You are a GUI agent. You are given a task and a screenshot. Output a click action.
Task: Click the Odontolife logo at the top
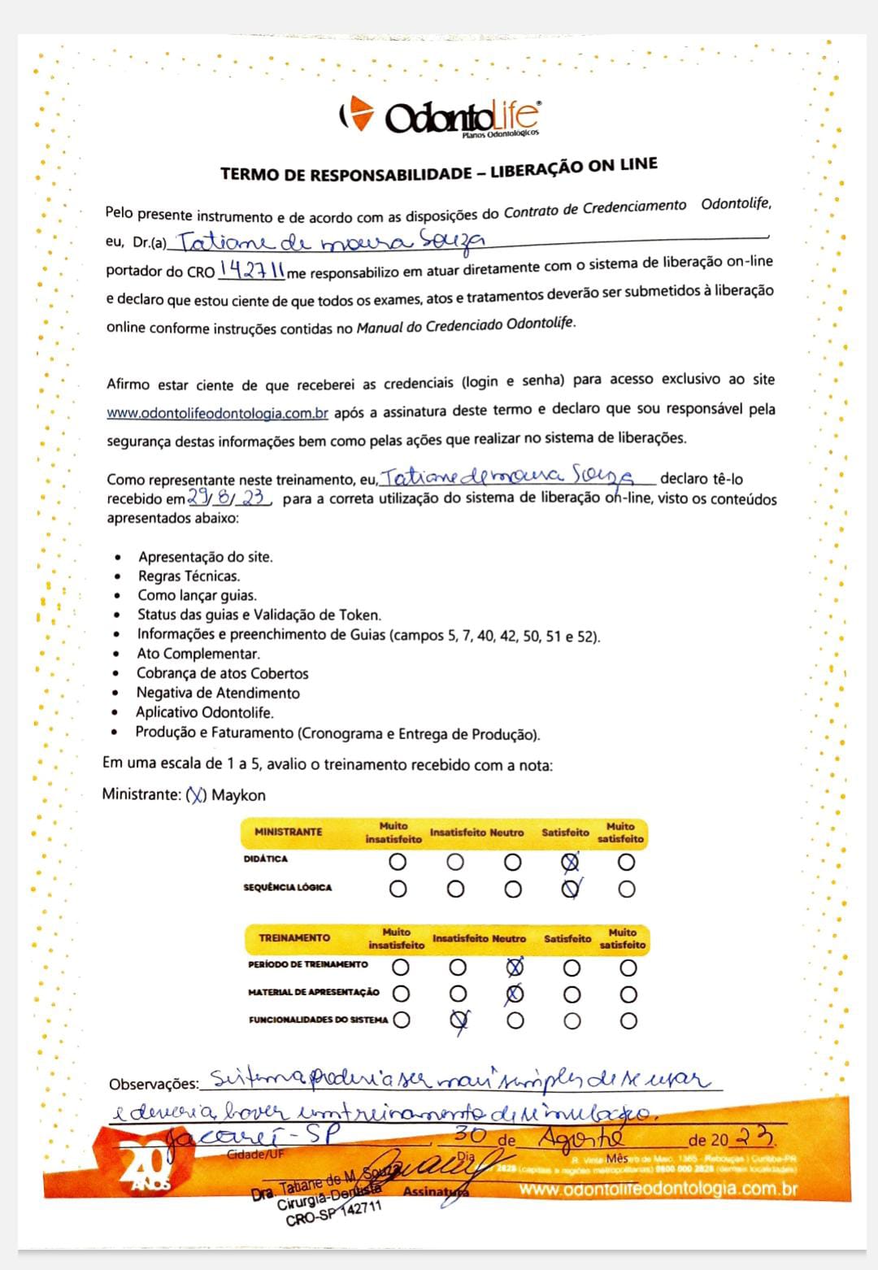[x=439, y=115]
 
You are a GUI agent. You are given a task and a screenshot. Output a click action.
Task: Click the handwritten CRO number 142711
[x=252, y=271]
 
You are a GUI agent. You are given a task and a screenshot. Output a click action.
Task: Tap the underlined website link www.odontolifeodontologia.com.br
[x=218, y=413]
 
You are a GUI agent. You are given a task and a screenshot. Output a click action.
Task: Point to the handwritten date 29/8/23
[x=228, y=498]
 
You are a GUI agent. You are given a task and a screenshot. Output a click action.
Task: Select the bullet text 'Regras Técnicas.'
[x=189, y=576]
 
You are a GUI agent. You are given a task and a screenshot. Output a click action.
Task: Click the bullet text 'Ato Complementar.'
[x=198, y=654]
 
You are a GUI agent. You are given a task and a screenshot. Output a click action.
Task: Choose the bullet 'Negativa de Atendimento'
[x=218, y=693]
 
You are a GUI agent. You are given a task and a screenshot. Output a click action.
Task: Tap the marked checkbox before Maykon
[x=196, y=795]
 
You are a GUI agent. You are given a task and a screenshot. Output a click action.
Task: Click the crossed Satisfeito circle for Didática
[x=572, y=862]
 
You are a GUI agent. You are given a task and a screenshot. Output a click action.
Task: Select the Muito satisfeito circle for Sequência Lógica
[x=626, y=889]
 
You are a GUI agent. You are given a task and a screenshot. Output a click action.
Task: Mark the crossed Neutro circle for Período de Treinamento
[x=515, y=968]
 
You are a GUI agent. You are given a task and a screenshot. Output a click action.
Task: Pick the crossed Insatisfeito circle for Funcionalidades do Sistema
[x=459, y=1020]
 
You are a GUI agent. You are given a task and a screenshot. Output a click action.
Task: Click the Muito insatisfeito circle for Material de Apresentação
[x=401, y=994]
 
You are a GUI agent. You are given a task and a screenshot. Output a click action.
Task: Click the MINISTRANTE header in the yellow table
[x=289, y=832]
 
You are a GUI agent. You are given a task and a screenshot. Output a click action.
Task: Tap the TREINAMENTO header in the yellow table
[x=294, y=937]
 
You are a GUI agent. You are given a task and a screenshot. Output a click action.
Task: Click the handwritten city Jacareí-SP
[x=252, y=1135]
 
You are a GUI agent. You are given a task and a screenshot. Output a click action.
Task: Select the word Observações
[x=154, y=1084]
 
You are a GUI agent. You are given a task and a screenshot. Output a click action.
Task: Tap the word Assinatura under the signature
[x=436, y=1192]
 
